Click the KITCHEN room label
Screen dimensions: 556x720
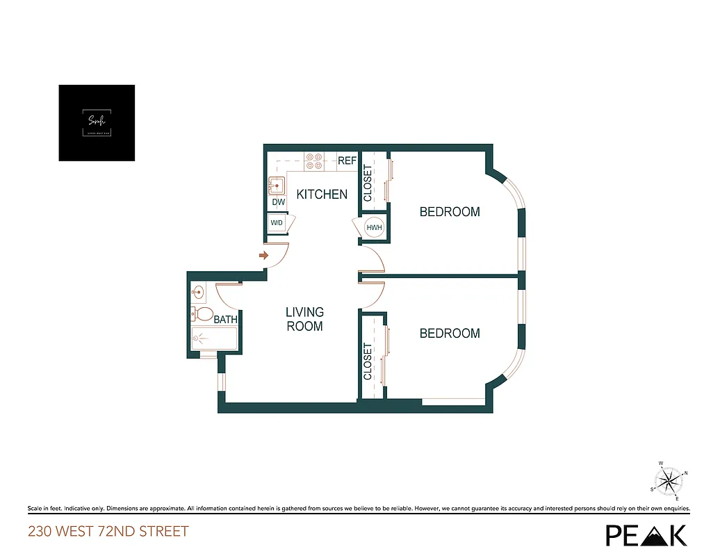coord(322,195)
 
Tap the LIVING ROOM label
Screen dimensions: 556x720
coord(304,319)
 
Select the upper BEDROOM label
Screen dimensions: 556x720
coord(450,212)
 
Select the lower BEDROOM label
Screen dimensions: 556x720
coord(450,334)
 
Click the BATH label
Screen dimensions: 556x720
coord(225,320)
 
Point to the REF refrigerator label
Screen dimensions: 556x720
coord(347,161)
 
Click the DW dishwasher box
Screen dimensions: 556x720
coord(279,202)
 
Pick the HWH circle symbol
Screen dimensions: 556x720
coord(374,227)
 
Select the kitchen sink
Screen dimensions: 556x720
coord(278,186)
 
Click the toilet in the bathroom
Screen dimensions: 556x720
coord(201,314)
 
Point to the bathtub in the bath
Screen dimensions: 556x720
coord(214,339)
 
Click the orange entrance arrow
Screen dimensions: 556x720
coord(263,256)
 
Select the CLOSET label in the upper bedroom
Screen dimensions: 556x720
coord(368,182)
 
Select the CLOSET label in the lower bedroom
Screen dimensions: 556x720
coord(368,361)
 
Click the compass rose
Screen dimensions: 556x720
coord(669,480)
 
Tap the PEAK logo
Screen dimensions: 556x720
coord(646,534)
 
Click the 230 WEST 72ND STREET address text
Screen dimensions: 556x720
coord(108,532)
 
